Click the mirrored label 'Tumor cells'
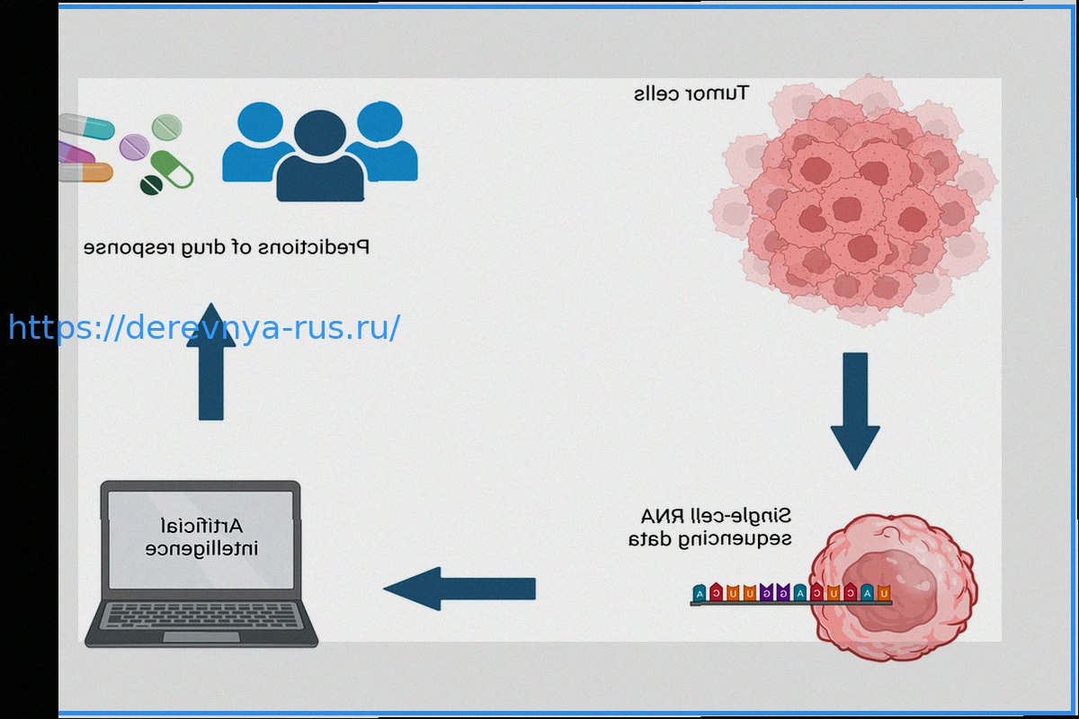691,93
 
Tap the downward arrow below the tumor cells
854,409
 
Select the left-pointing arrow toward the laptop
459,589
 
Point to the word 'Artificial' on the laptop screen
201,525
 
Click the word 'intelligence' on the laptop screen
201,547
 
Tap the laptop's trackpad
201,637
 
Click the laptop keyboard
201,616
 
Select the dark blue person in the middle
320,157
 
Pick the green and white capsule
172,169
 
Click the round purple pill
134,146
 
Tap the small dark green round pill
151,185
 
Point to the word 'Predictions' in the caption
324,247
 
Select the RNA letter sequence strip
789,594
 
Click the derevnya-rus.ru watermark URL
204,328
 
